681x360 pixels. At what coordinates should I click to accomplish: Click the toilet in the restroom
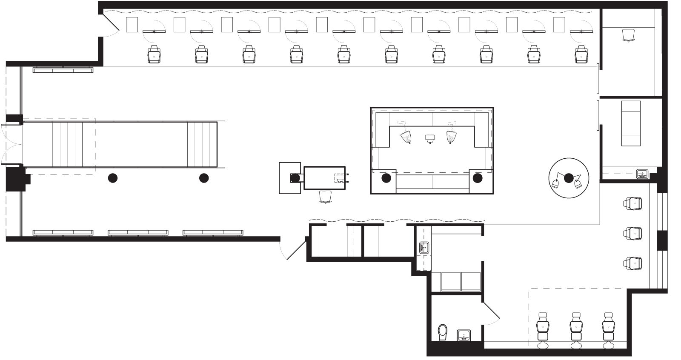pos(443,332)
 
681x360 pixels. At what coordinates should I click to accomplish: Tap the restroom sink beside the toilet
pos(464,335)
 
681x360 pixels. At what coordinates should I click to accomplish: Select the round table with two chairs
pos(569,178)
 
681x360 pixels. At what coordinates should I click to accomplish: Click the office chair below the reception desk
pos(325,197)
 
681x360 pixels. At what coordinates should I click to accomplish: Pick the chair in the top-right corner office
pos(628,35)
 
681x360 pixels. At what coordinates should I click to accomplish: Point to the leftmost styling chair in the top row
pos(154,55)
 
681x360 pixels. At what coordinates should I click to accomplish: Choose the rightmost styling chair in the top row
pos(581,55)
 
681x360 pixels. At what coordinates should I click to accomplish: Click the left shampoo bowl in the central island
pos(406,137)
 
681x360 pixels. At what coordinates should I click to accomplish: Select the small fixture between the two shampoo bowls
pos(429,138)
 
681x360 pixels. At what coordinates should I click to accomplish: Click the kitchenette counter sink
pos(423,247)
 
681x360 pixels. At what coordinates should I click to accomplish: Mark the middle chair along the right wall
pos(633,233)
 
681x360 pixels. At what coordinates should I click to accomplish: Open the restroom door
pos(490,313)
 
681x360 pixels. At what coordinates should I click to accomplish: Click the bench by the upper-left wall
pos(63,70)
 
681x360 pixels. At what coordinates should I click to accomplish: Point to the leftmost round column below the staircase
pos(112,178)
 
